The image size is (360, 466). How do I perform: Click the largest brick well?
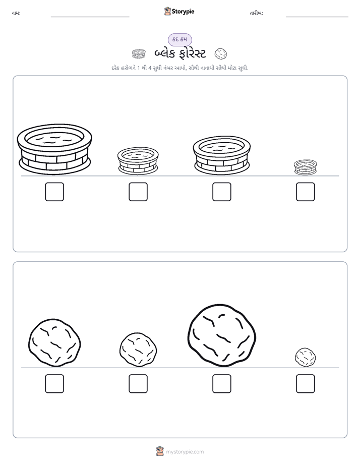tap(54, 149)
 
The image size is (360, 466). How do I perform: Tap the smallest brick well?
tap(306, 167)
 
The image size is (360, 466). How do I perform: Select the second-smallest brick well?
tap(138, 160)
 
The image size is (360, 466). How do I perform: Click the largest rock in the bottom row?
tap(222, 335)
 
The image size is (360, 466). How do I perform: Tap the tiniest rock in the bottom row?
tap(306, 357)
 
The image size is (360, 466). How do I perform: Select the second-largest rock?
tap(54, 342)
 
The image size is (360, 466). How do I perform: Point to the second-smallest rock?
tap(138, 349)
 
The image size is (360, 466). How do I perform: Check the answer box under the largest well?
tap(54, 192)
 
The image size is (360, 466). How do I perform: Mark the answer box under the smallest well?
tap(306, 192)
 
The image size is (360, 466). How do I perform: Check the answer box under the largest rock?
tap(222, 384)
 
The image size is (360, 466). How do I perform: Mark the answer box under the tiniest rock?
tap(306, 384)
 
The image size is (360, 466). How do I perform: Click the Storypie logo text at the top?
tap(183, 12)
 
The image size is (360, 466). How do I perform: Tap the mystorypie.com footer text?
tap(185, 452)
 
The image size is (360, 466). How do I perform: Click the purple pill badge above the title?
tap(179, 39)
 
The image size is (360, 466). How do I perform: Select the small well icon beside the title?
tap(139, 54)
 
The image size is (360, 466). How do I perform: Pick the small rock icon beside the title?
tap(221, 54)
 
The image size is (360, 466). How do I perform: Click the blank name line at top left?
tap(90, 17)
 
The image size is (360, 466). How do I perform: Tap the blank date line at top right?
tap(317, 17)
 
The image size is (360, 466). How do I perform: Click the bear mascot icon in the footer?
tap(160, 451)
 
